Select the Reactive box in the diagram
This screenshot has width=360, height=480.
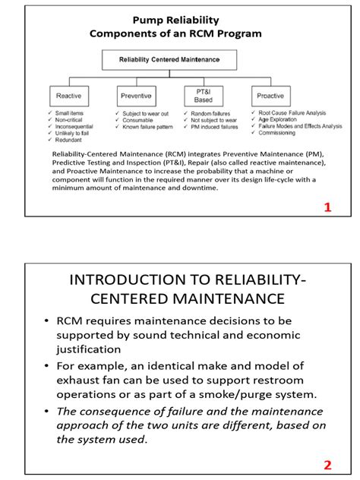[68, 96]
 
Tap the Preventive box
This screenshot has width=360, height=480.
[136, 96]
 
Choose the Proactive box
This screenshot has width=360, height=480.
[270, 96]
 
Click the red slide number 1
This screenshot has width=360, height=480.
[327, 207]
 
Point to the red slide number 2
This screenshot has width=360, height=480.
[327, 465]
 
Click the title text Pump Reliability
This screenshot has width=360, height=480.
[176, 21]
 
